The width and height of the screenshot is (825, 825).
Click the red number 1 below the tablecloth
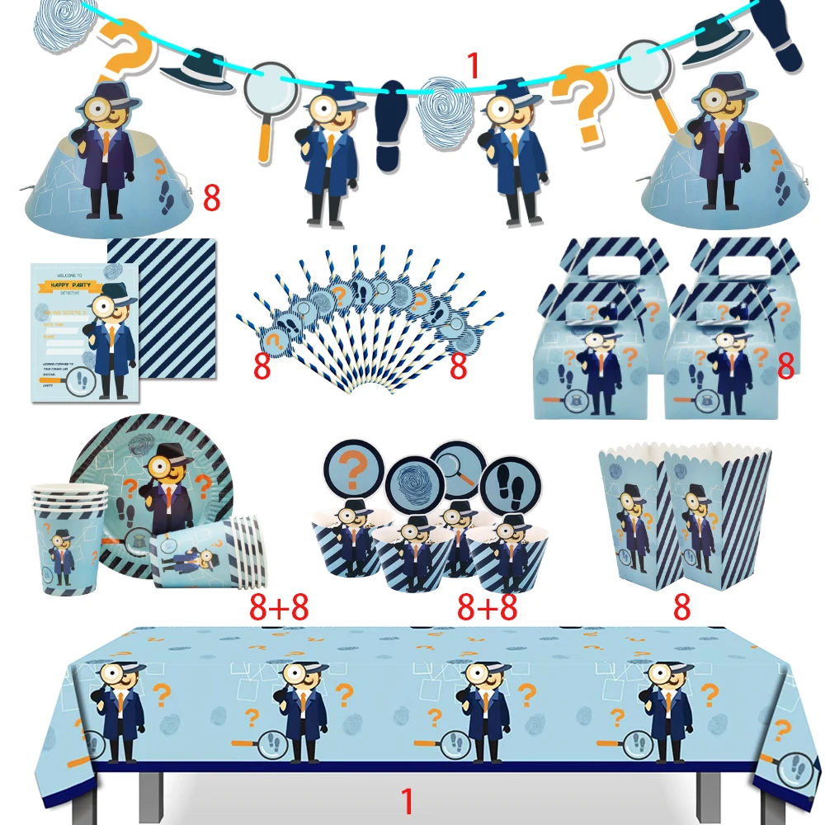tap(406, 801)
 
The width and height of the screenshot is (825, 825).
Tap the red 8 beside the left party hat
tap(212, 198)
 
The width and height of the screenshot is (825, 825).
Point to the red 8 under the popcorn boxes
tap(681, 606)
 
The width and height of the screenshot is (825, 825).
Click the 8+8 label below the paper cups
tap(278, 607)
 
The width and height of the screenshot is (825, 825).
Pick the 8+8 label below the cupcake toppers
tap(488, 607)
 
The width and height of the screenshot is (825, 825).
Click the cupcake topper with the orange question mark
tap(354, 470)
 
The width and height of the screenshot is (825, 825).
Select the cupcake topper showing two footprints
tap(510, 482)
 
